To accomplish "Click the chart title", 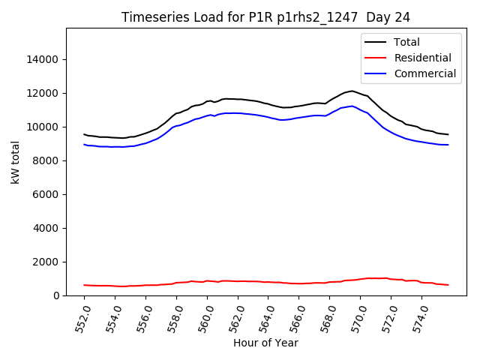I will point(266,17).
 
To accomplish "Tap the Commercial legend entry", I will point(424,73).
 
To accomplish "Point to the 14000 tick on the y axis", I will point(43,59).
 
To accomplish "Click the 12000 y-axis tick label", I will point(43,93).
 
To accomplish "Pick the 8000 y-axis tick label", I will point(46,160).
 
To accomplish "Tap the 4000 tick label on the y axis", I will point(46,228).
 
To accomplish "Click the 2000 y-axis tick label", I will point(46,262).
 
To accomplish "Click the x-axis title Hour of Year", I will point(265,343).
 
